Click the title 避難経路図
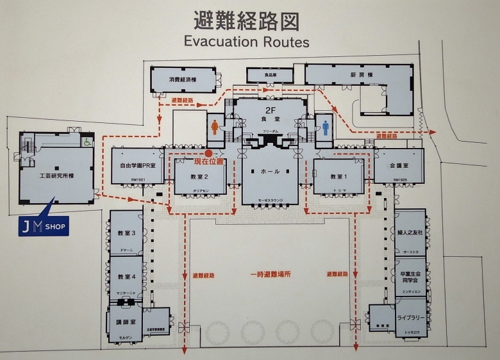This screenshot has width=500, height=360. pos(247,20)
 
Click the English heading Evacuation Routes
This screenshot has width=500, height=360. pos(247,42)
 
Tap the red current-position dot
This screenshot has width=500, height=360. pos(209,154)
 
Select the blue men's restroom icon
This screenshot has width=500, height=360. pos(326,126)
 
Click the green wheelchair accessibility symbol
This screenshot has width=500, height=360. pos(87,142)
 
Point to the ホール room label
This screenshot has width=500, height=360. pos(270,172)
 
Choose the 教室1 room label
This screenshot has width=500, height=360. pos(338,176)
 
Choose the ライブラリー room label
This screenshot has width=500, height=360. pos(410,318)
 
